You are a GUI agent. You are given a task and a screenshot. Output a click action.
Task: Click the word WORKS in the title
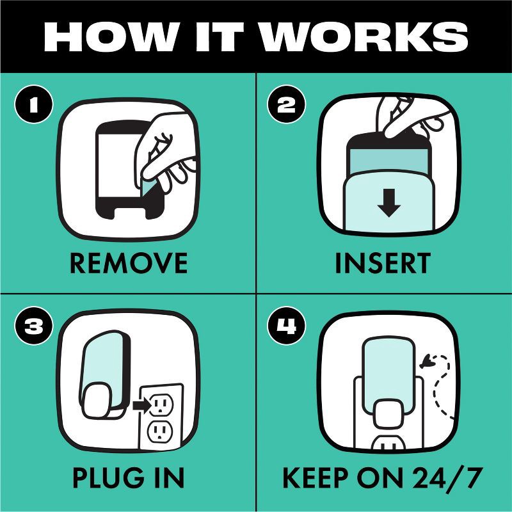point(364,36)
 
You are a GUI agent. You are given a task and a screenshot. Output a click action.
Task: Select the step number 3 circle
point(34,326)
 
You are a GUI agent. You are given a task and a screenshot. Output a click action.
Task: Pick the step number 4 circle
point(286,326)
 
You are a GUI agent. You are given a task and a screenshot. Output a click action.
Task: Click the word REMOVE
point(129,263)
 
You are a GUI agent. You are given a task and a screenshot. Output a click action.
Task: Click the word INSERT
point(383,263)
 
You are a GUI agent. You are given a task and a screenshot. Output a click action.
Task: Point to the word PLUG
point(108,477)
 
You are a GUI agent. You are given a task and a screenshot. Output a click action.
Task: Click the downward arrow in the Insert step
point(388,203)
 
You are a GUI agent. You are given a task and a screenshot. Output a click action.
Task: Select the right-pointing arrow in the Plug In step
point(142,406)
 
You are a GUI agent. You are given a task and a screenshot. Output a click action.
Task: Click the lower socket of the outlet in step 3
point(159,431)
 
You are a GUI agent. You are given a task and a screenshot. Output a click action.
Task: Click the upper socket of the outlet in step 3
point(161,404)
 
